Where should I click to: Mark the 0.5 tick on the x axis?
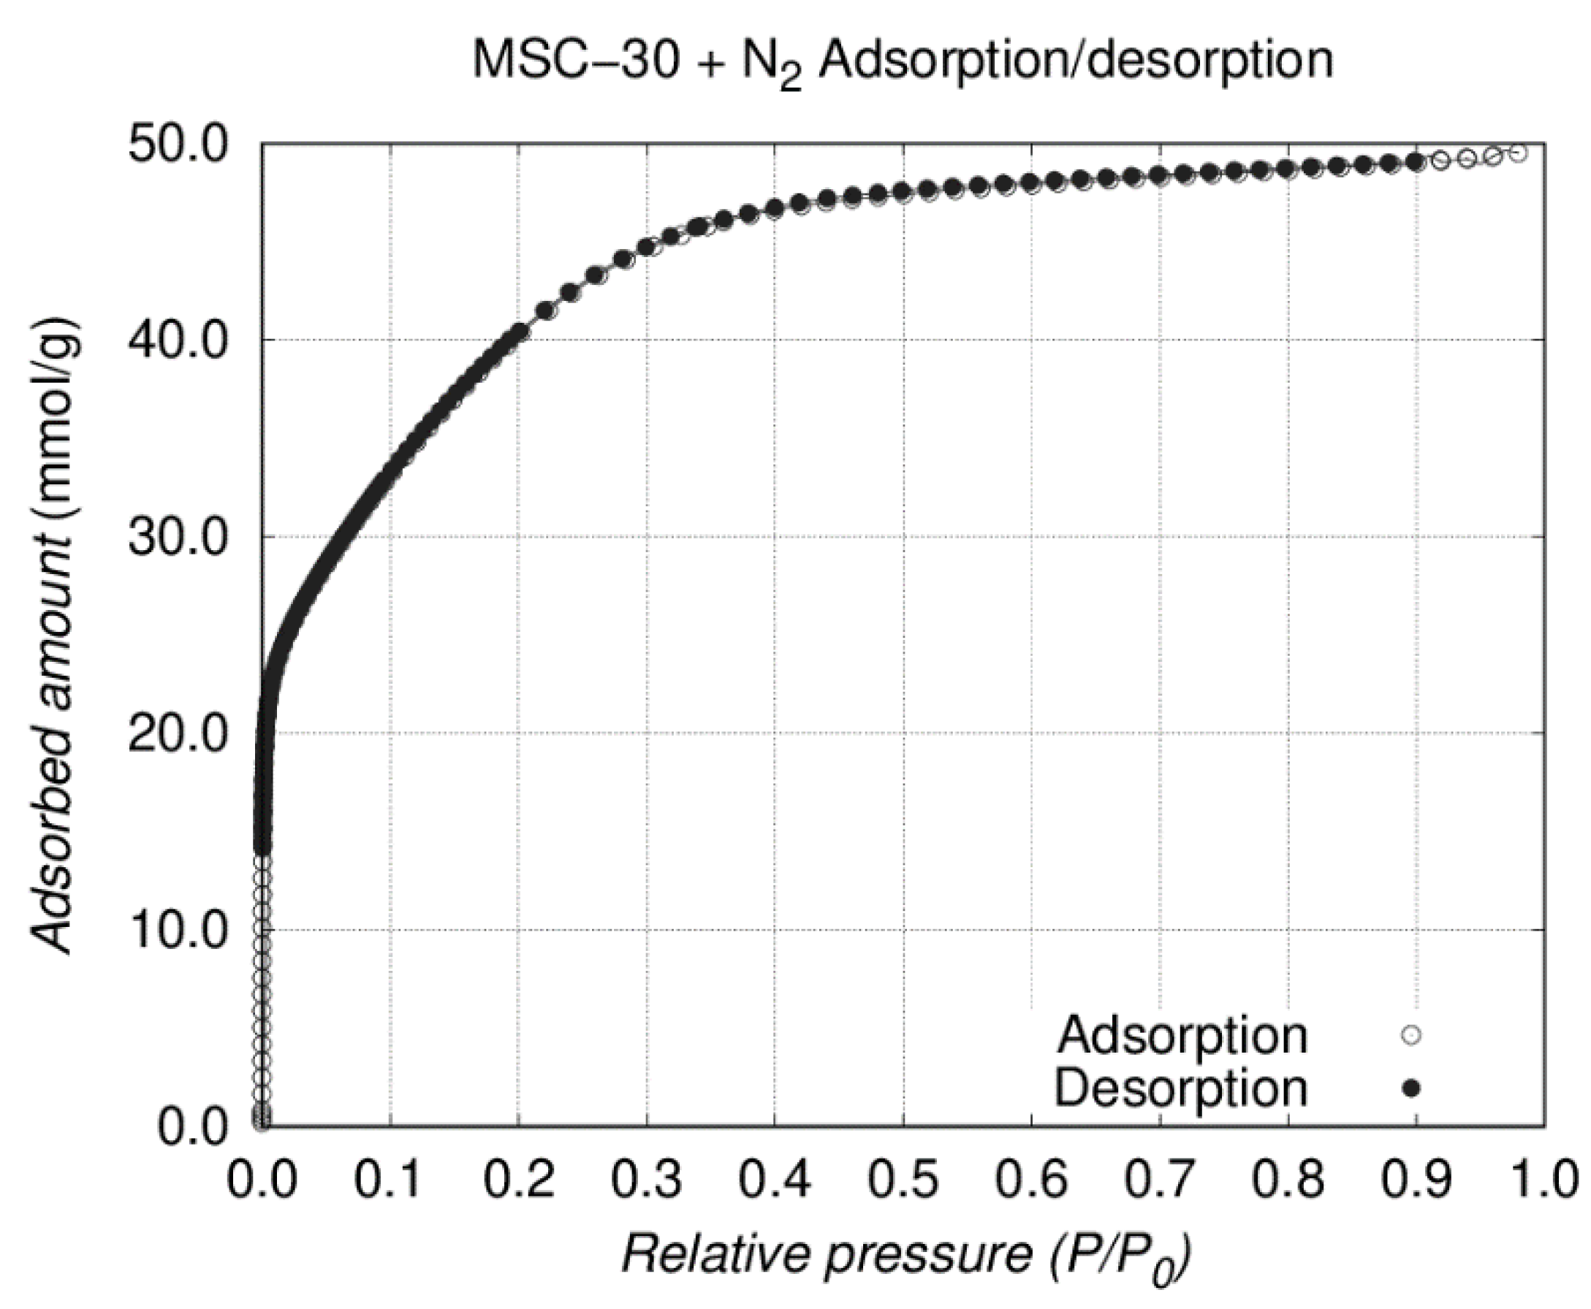click(x=903, y=1179)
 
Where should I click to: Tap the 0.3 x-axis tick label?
click(x=647, y=1179)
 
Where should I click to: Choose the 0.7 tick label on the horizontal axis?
click(x=1160, y=1179)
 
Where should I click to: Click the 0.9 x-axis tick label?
click(x=1416, y=1179)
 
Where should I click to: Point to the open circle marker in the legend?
click(x=1410, y=1035)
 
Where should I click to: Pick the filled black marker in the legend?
click(x=1410, y=1088)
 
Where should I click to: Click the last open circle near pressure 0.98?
click(x=1519, y=153)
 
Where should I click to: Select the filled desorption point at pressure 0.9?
click(x=1415, y=161)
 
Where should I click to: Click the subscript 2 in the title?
click(x=790, y=77)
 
